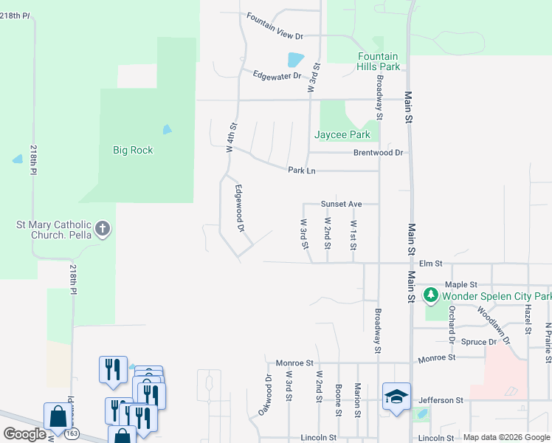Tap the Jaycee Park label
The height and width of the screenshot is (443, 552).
(x=342, y=135)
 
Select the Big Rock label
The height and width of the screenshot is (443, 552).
(x=133, y=150)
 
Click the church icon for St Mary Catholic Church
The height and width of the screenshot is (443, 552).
(x=103, y=229)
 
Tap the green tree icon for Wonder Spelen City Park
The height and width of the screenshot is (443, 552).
(x=431, y=296)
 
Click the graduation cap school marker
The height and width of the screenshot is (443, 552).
(x=396, y=396)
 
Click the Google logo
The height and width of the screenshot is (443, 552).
(x=25, y=434)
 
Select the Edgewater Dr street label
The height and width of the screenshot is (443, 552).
(x=277, y=75)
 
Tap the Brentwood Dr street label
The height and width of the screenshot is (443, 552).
(x=378, y=153)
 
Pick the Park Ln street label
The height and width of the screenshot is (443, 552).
(x=302, y=171)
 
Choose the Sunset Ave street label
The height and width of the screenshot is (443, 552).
(x=340, y=204)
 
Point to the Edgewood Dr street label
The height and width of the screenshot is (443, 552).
(x=239, y=209)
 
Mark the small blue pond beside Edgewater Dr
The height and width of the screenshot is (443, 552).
(x=295, y=59)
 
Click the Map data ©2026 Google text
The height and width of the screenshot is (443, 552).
(x=506, y=437)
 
